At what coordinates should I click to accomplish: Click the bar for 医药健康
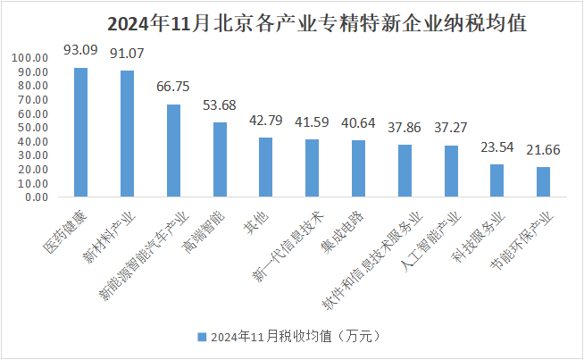(x=80, y=131)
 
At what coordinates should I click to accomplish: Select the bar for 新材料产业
(x=127, y=132)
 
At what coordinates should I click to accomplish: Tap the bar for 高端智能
(x=220, y=158)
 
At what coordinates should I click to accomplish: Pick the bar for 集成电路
(x=358, y=167)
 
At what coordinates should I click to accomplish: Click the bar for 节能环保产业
(x=544, y=180)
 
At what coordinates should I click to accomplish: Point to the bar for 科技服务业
(x=497, y=179)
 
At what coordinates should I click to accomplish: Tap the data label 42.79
(x=266, y=120)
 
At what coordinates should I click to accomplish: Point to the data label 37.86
(x=405, y=127)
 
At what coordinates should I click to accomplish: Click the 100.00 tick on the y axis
(x=29, y=58)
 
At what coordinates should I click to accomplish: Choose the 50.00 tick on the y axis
(x=32, y=127)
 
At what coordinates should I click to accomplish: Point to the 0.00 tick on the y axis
(x=36, y=197)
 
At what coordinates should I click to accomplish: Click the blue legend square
(x=200, y=337)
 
